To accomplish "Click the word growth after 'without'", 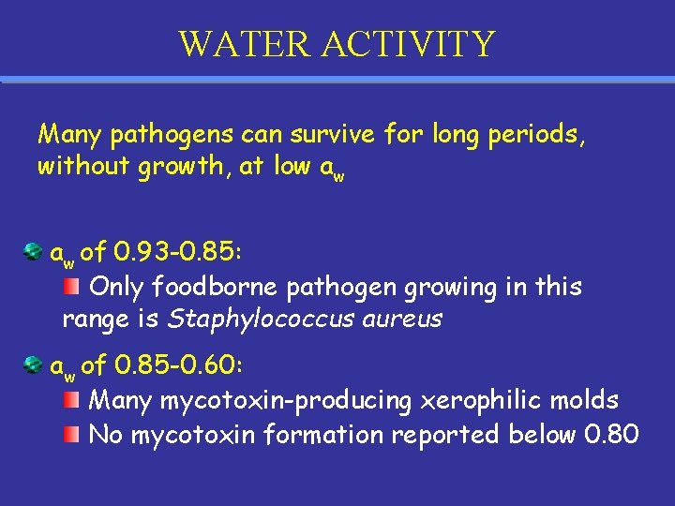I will tap(184, 168).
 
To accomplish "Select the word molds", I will tap(584, 401).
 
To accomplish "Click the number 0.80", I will tap(610, 435).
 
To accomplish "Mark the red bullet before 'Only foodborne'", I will tap(72, 285).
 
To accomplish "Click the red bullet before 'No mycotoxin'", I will tap(72, 435).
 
